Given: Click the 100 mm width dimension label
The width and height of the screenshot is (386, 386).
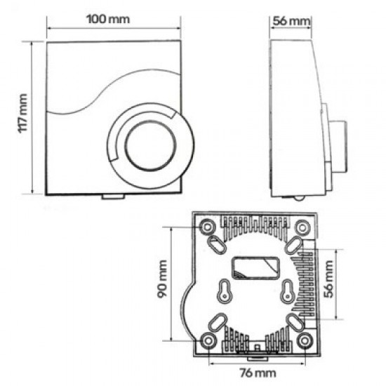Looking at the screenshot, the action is coord(108,19).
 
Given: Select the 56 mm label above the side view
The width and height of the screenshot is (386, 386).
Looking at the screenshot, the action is coord(291,21).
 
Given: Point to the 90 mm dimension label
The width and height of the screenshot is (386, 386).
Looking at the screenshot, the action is coord(163,279).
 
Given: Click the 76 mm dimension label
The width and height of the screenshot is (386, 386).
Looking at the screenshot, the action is coord(258,373).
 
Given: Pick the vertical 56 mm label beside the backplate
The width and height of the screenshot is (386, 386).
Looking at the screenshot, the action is coord(329,279).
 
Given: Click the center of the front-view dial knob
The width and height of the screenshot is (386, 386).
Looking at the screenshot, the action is coord(151,146).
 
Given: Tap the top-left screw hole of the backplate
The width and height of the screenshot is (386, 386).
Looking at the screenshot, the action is coord(208,227).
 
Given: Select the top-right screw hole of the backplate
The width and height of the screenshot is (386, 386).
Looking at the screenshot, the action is coord(302,227).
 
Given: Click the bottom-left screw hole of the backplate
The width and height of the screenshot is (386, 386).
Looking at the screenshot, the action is coord(208,340).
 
